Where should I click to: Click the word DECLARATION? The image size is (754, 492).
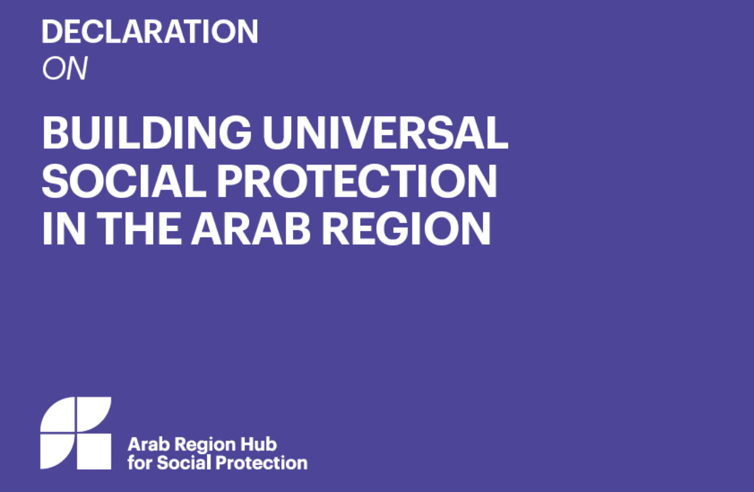point(149,31)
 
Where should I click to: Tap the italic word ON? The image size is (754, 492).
point(64,70)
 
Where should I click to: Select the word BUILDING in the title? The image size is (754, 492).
point(146,133)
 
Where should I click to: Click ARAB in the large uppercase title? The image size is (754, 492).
point(250,229)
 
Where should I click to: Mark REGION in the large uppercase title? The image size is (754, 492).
point(407,229)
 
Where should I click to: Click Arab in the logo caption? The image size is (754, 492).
point(144,444)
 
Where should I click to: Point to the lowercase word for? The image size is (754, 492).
point(139,462)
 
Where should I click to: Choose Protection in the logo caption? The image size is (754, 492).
point(262,462)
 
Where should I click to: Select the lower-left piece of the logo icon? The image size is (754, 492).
point(57,451)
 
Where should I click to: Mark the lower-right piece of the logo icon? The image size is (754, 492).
point(94,451)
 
